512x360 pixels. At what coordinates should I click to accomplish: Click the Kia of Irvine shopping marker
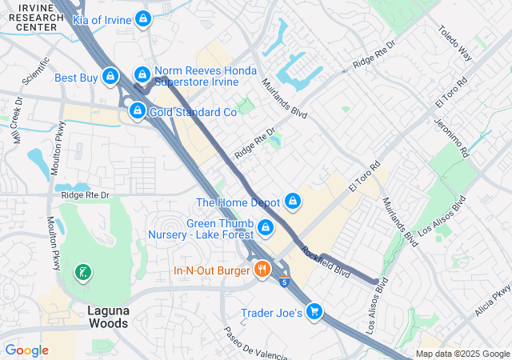click(x=142, y=18)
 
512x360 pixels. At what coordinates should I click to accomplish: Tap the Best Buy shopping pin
click(x=110, y=77)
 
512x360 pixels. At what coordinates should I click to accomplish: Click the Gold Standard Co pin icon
click(x=138, y=110)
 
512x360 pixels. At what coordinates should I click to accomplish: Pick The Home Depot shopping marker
click(x=293, y=200)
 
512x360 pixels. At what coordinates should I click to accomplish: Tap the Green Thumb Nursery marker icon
click(x=265, y=230)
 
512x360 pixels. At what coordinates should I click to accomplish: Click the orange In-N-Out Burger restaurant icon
click(x=261, y=270)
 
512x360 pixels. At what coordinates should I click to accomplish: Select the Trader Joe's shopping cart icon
click(x=315, y=311)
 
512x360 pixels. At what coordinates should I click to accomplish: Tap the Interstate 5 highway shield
click(x=284, y=281)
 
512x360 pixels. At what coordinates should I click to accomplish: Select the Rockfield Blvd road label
click(x=326, y=261)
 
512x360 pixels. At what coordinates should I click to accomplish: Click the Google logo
click(x=26, y=350)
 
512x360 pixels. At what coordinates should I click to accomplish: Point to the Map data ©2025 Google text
click(x=462, y=354)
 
